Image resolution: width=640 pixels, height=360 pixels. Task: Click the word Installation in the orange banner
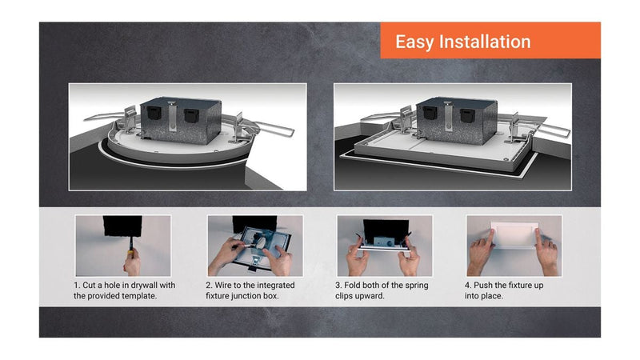(x=485, y=42)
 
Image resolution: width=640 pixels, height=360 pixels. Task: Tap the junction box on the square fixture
(x=457, y=121)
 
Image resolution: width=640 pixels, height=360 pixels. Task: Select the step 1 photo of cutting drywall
(x=123, y=246)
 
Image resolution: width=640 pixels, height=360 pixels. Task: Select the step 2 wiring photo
(x=255, y=246)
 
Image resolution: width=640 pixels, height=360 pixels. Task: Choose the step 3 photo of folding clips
(x=385, y=246)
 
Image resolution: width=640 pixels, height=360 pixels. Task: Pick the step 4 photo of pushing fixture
(x=514, y=246)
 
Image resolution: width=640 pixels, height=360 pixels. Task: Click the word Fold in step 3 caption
(x=353, y=286)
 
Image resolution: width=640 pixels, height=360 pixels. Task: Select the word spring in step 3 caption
(x=415, y=286)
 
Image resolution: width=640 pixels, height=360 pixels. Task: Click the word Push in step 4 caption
(x=483, y=286)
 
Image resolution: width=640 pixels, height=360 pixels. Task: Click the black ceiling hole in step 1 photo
(x=122, y=226)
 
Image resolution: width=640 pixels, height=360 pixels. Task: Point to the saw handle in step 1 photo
(x=130, y=252)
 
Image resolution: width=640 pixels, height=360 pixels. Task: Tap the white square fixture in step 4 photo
(x=514, y=234)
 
